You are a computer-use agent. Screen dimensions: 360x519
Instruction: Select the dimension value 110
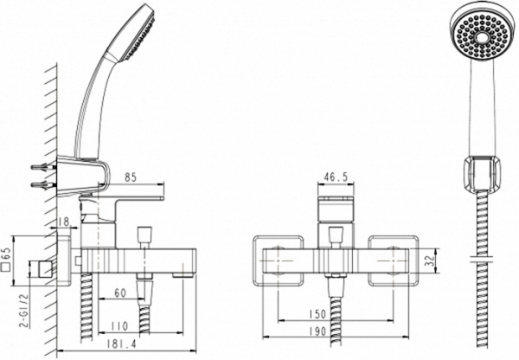point(120,326)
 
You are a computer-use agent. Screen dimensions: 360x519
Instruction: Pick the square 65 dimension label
point(7,259)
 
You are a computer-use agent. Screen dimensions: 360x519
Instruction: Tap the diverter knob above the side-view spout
point(143,235)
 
